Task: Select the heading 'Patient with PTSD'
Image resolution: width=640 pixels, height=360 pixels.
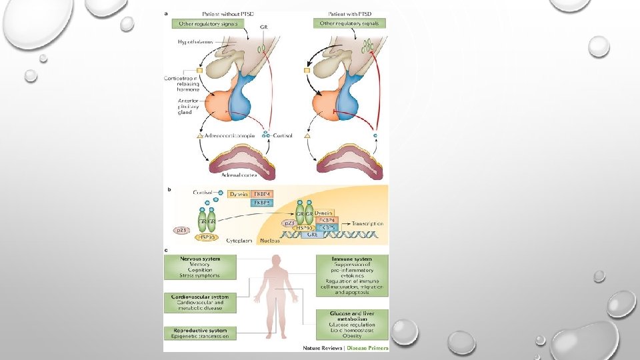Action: tap(349, 13)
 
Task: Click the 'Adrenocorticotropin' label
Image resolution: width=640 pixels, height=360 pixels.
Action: tap(230, 135)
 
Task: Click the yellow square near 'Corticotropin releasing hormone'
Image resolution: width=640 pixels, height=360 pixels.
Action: tap(198, 70)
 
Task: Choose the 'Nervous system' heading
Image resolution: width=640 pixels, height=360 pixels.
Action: tap(200, 259)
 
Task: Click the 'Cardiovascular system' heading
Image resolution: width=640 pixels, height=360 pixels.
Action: tap(200, 297)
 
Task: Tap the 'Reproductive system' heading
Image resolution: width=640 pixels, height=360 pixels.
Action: tap(200, 330)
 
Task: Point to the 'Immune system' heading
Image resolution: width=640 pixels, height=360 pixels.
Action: tap(351, 259)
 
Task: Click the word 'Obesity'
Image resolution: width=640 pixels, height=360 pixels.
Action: tap(352, 336)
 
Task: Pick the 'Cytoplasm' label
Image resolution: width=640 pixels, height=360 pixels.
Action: tap(238, 239)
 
